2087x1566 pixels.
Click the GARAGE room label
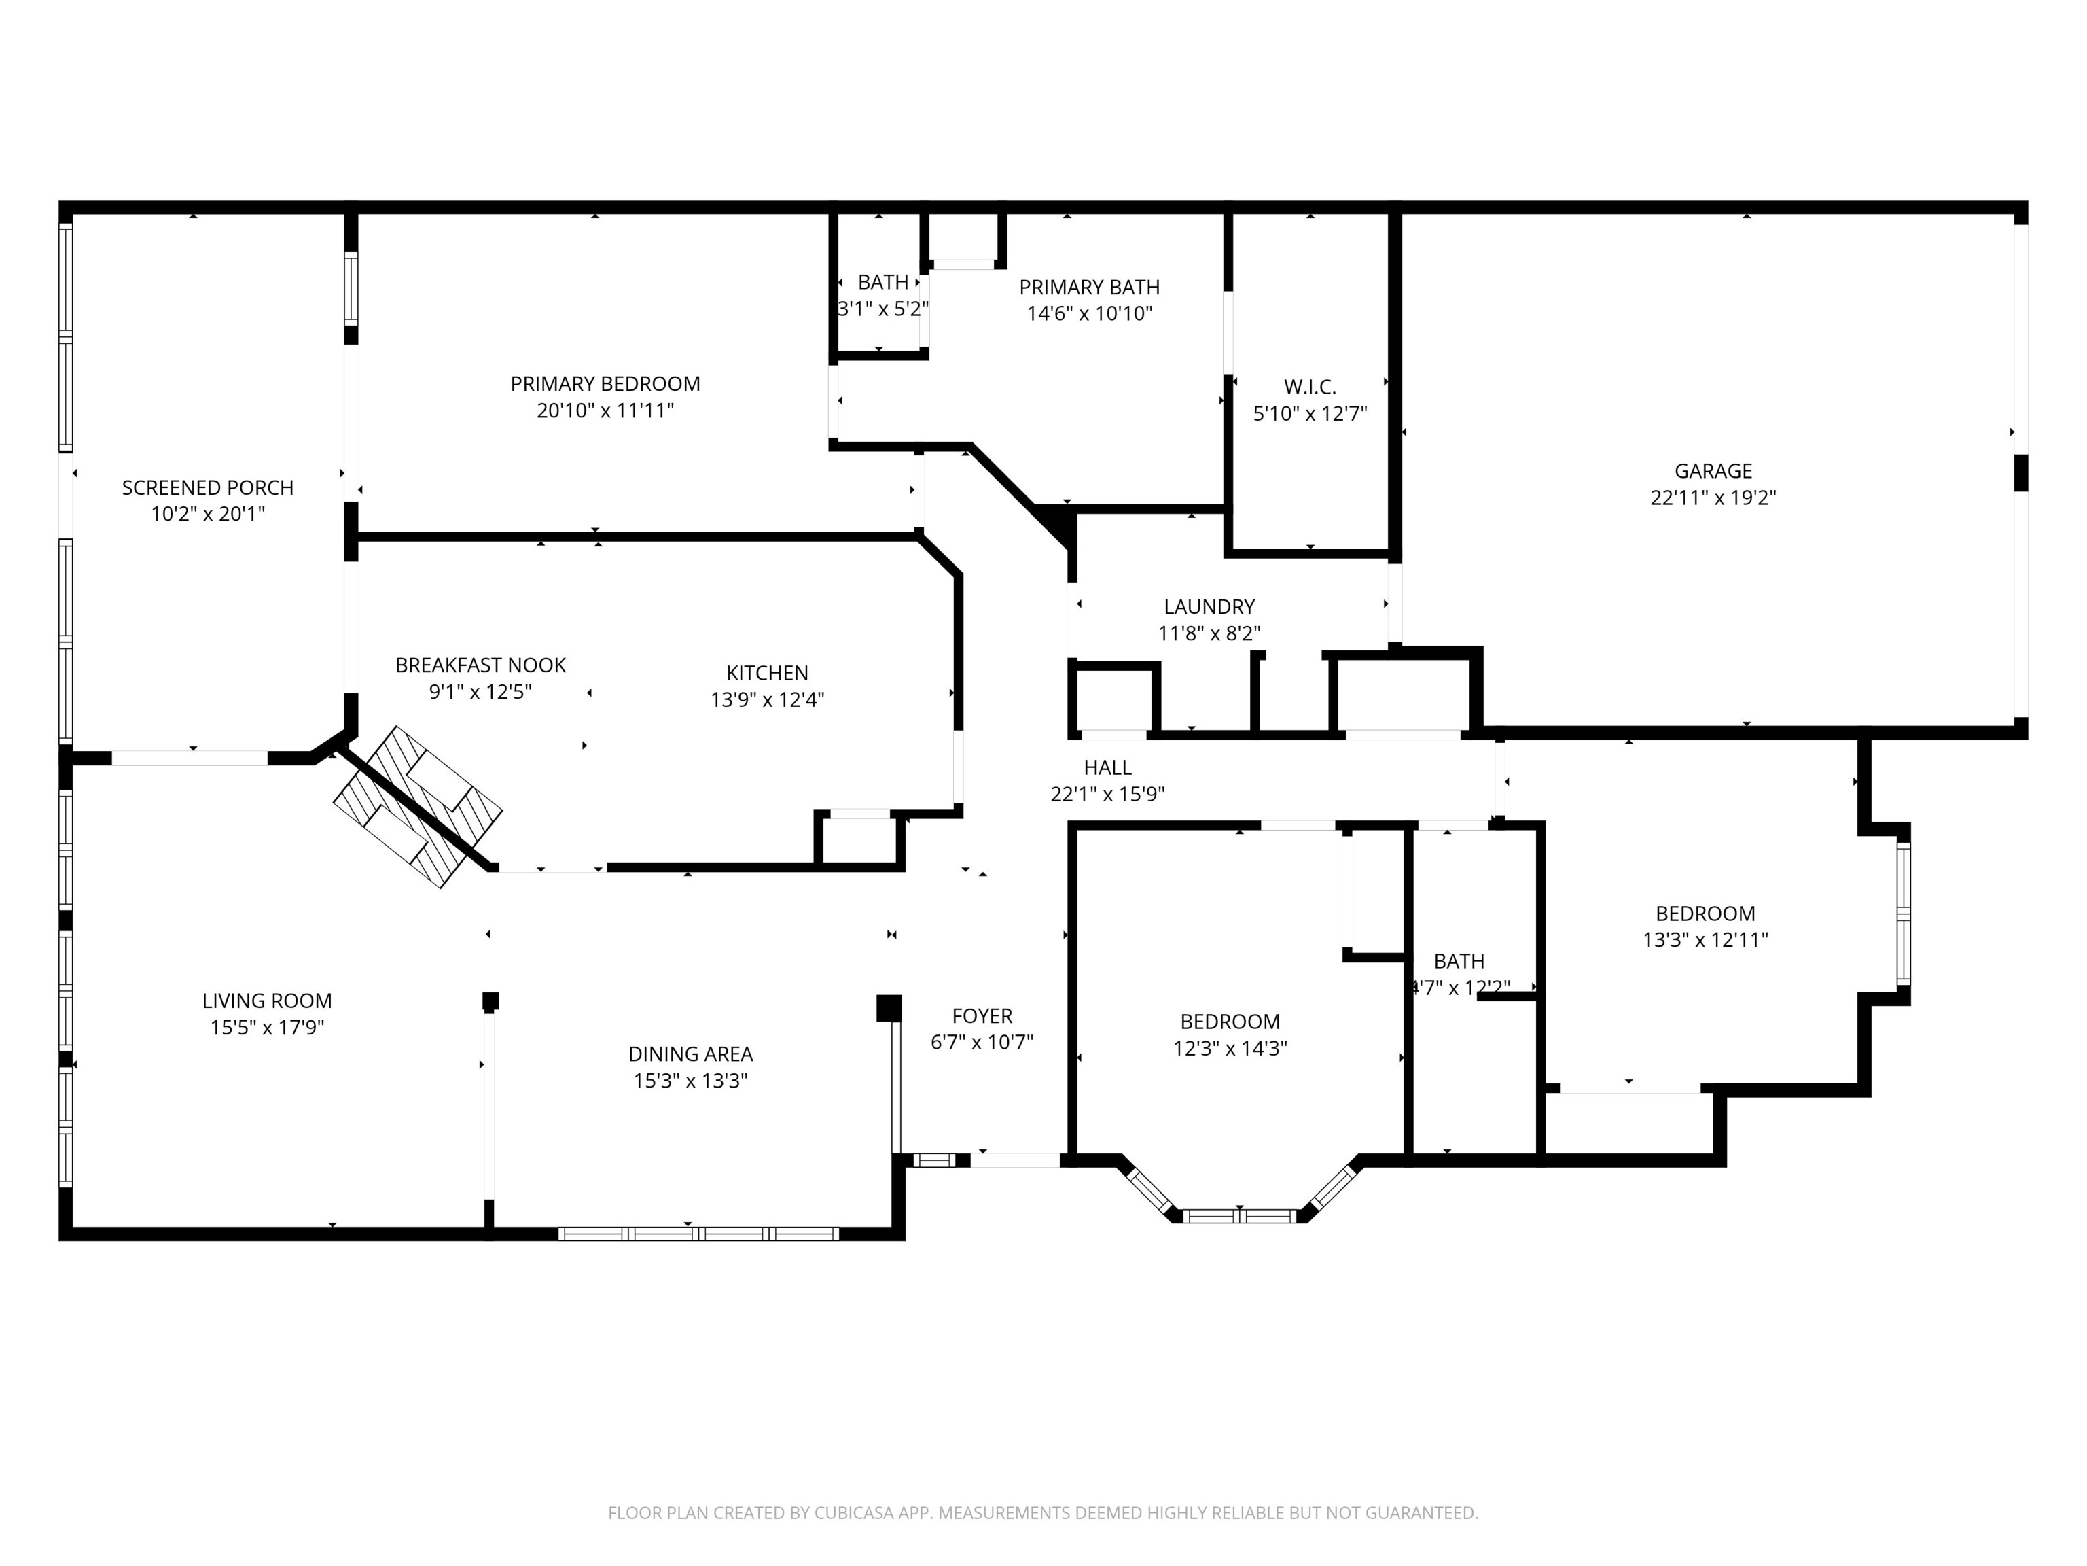pos(1713,470)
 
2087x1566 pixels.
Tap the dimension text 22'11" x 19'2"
pos(1713,498)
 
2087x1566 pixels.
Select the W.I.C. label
pos(1310,387)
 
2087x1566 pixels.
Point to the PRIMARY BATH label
pos(1089,287)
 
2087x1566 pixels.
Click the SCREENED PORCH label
pos(208,487)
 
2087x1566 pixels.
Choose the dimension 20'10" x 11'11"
pos(605,411)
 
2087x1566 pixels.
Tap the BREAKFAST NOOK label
pos(480,665)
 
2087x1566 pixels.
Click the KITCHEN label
pos(766,673)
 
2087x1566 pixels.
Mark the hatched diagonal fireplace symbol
pos(417,806)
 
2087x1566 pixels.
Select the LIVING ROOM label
pos(267,1000)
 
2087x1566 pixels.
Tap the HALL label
pos(1107,767)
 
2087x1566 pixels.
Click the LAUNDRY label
pos(1209,607)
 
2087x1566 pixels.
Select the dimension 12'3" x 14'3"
pos(1230,1048)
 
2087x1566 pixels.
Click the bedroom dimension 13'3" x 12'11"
pos(1705,939)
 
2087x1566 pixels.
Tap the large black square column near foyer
pos(888,1007)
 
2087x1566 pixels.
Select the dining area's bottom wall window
pos(698,1233)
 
